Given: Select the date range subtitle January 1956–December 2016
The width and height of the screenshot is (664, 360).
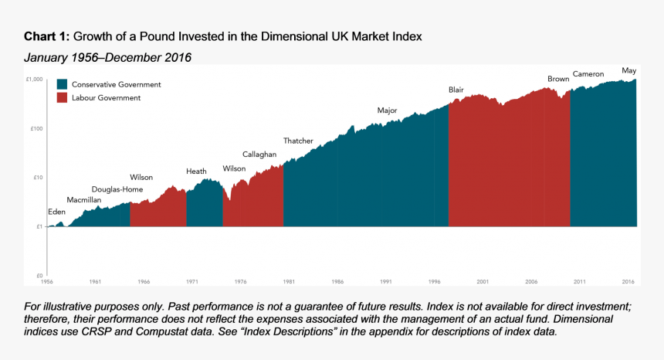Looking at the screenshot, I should coord(107,58).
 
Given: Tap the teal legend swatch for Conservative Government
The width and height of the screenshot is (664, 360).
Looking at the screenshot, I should coord(62,84).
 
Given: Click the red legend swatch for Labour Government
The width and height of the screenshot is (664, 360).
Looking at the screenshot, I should coord(62,98).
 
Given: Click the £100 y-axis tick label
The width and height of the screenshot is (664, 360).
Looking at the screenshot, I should coord(36,128).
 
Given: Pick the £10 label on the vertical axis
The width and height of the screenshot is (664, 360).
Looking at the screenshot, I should coord(37,178).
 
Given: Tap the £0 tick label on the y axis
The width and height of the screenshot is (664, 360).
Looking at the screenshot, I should coord(39,276).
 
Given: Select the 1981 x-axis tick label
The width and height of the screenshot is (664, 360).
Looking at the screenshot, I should coord(288,282).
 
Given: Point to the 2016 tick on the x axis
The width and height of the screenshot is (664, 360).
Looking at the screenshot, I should coord(628,282).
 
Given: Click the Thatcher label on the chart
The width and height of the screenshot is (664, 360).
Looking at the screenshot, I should coord(298,141).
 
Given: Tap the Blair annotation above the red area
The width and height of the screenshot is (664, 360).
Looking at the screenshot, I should coord(456,90).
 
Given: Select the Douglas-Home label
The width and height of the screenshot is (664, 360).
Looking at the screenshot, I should coord(117,189).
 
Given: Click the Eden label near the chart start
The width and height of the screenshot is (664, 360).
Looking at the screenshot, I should coord(56,212).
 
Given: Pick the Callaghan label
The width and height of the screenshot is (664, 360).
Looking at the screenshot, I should coord(259,155).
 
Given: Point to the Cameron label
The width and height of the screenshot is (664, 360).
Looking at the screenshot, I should coord(588,74).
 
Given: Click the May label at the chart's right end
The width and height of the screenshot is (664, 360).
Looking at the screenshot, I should coord(628,70).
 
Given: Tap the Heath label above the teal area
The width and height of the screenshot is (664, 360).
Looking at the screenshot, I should coord(196,172).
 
